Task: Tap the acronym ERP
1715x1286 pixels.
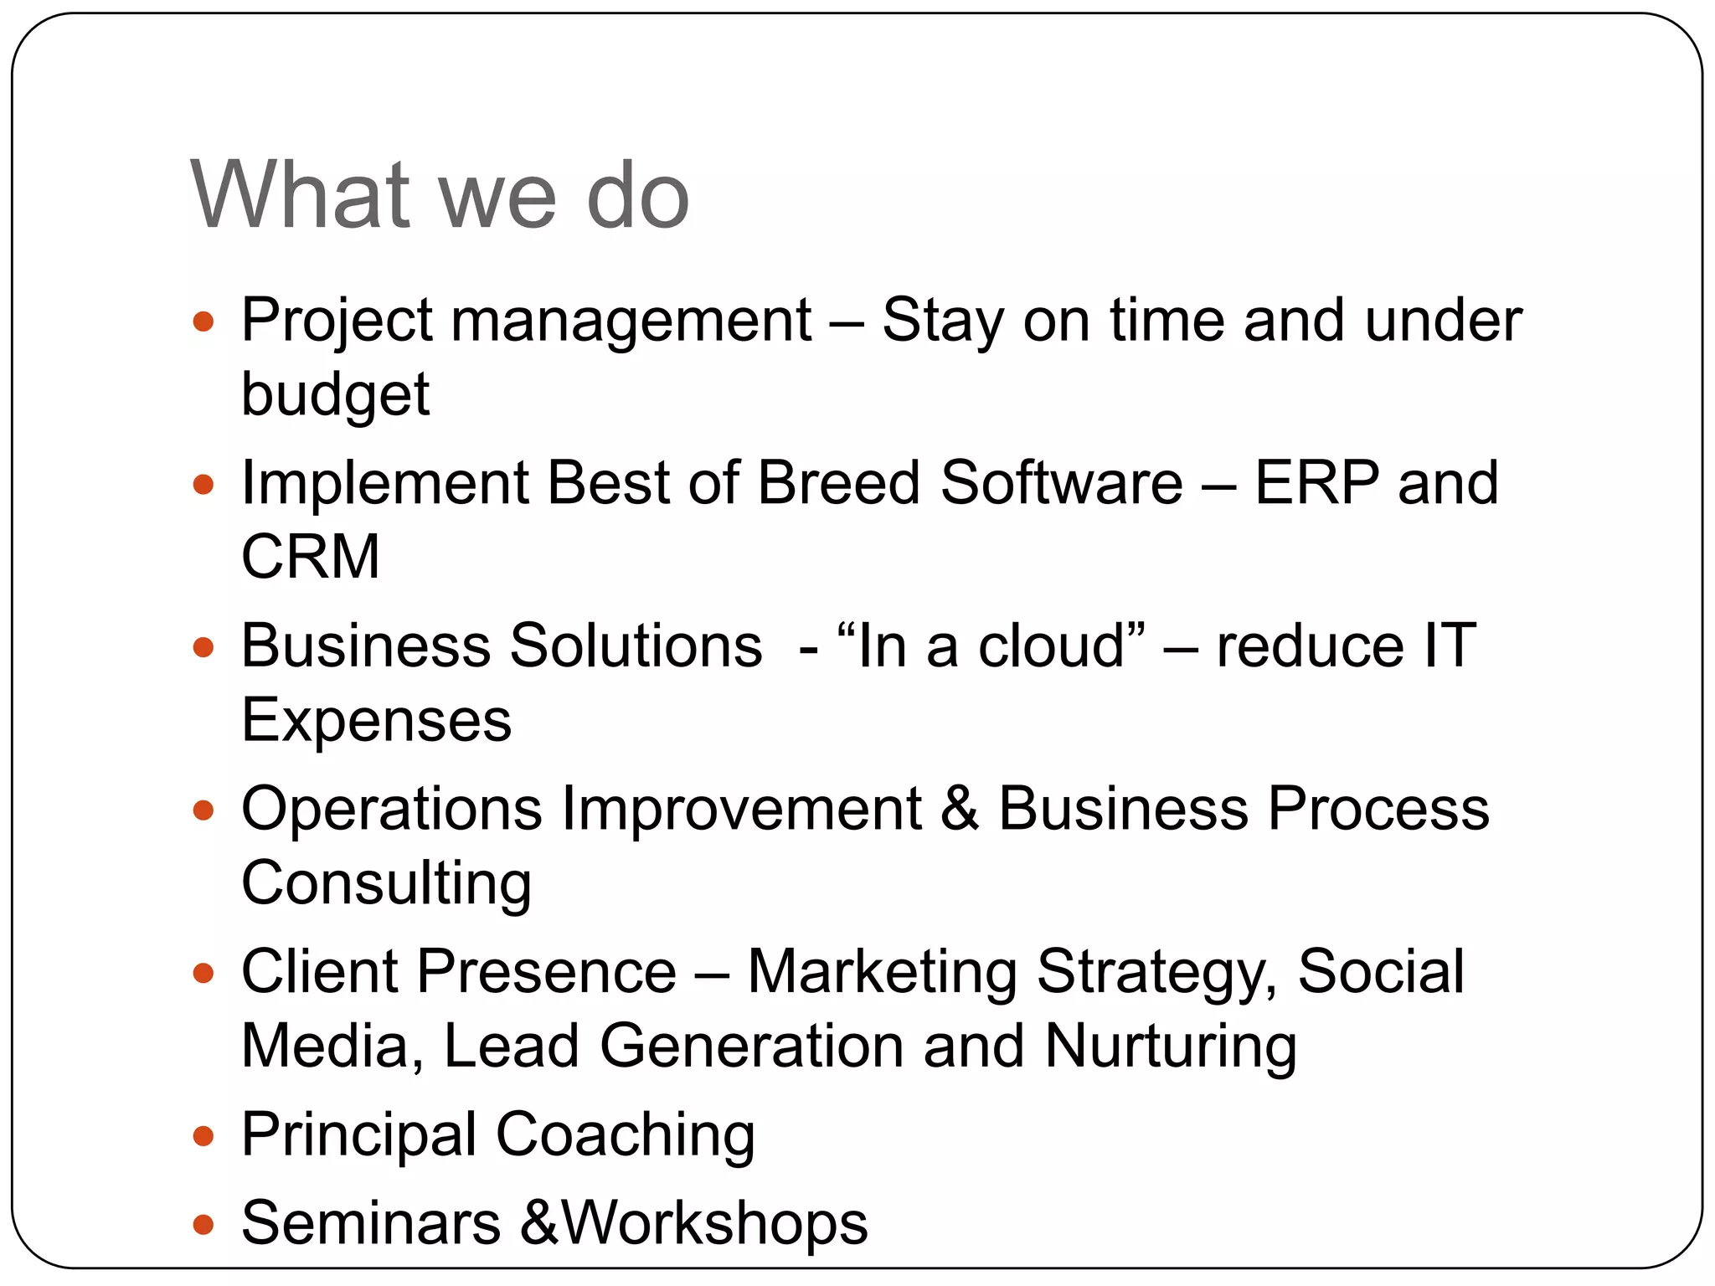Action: tap(1316, 483)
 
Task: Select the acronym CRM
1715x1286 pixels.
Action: tap(311, 557)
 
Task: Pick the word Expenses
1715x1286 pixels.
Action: tap(376, 720)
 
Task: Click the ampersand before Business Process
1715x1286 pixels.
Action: tap(960, 809)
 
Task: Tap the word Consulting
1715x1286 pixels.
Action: tap(386, 883)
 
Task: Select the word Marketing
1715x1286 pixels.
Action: tap(882, 972)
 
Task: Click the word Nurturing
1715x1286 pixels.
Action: tap(1171, 1047)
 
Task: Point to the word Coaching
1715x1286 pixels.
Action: tap(625, 1135)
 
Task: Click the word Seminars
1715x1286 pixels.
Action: tap(371, 1223)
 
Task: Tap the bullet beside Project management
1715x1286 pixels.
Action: tap(203, 321)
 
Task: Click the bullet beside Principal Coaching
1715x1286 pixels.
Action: tap(203, 1136)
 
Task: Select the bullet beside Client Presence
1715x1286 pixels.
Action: tap(203, 973)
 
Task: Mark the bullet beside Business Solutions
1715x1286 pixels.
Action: tap(203, 647)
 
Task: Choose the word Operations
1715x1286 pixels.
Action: tap(392, 809)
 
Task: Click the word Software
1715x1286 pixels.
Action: tap(1061, 483)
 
